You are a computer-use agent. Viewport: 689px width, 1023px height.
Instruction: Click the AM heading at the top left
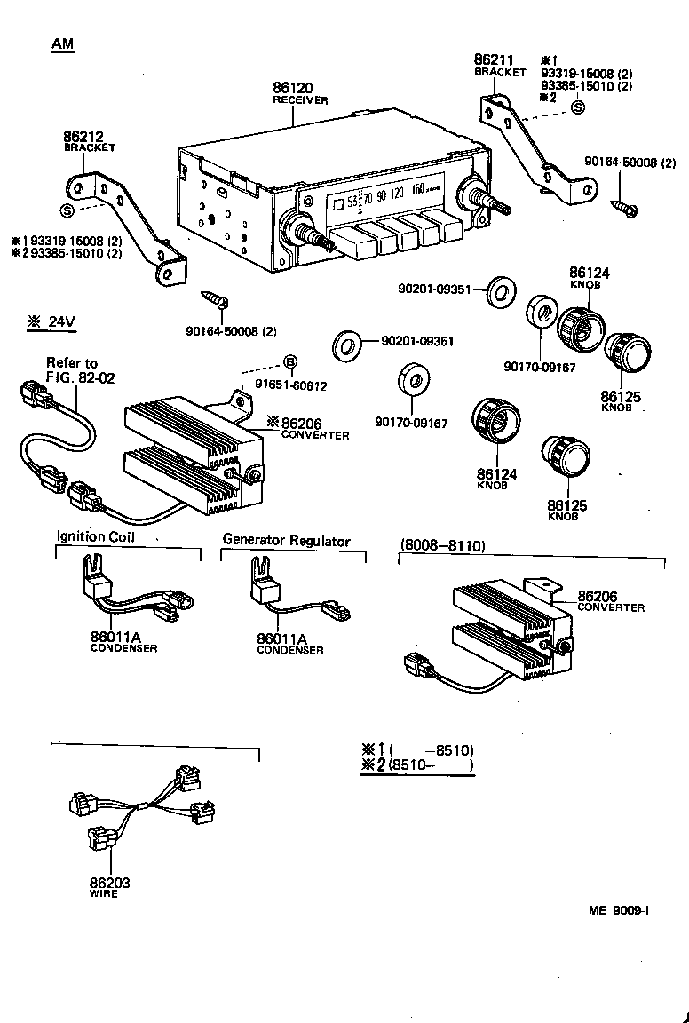pyautogui.click(x=62, y=44)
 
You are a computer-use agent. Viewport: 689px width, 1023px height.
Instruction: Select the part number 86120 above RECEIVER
pyautogui.click(x=294, y=88)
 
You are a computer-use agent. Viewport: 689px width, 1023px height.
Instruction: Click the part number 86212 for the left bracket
pyautogui.click(x=83, y=137)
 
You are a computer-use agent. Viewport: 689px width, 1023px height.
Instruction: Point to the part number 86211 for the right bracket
pyautogui.click(x=494, y=59)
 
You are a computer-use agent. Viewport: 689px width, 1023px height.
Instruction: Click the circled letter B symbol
pyautogui.click(x=289, y=361)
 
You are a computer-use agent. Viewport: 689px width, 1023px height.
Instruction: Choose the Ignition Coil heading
pyautogui.click(x=95, y=536)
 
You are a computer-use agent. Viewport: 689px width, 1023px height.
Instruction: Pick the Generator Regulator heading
pyautogui.click(x=286, y=540)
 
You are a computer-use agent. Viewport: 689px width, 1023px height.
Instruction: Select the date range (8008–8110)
pyautogui.click(x=442, y=545)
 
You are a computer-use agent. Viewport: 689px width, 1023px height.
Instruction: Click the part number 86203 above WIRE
pyautogui.click(x=109, y=883)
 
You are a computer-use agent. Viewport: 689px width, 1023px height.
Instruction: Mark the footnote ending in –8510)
pyautogui.click(x=418, y=749)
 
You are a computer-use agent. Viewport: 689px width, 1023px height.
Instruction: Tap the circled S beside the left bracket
pyautogui.click(x=66, y=210)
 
